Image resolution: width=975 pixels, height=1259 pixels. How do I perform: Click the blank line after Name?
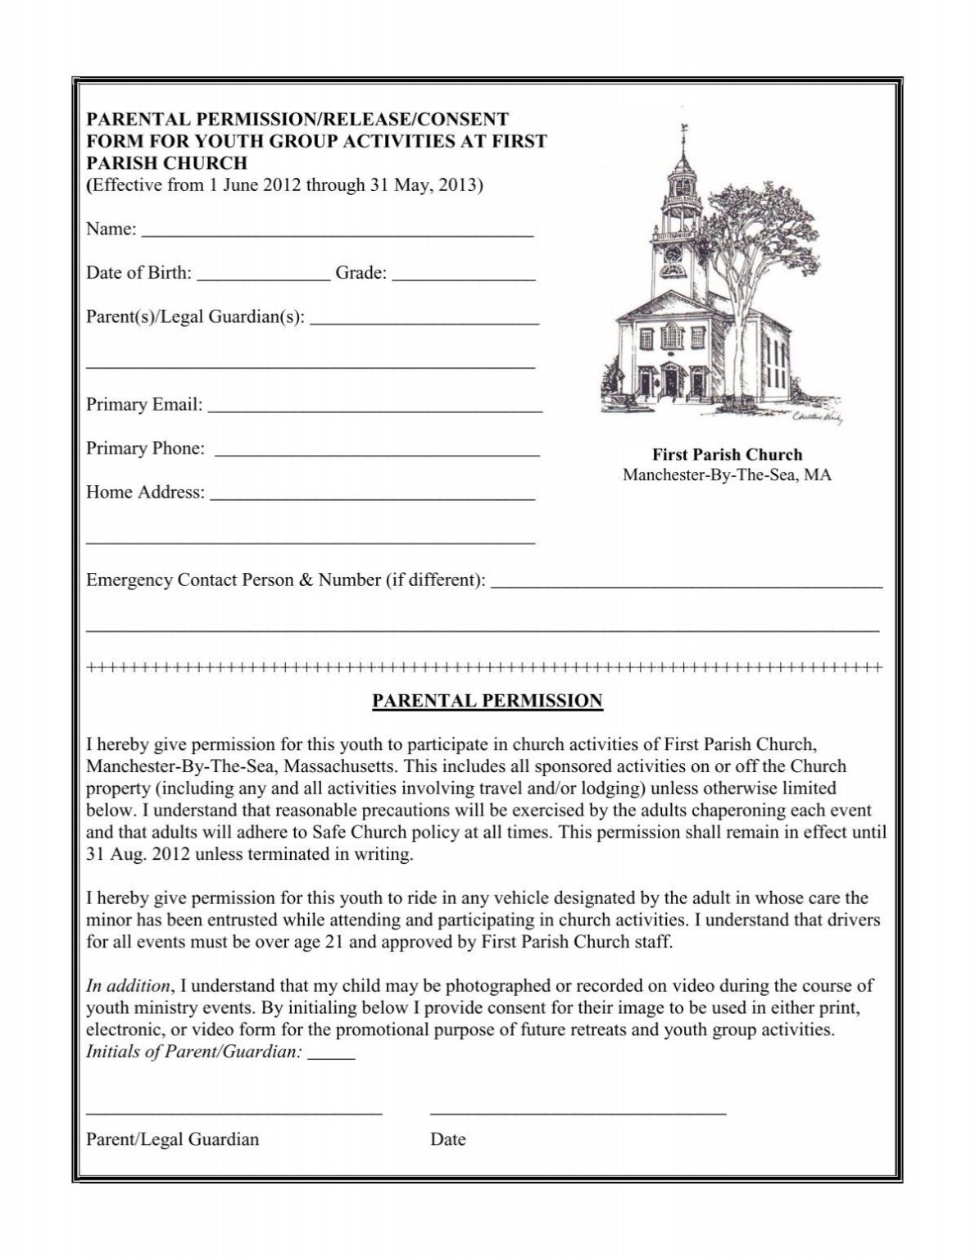338,233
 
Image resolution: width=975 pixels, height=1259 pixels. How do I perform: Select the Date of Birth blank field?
263,277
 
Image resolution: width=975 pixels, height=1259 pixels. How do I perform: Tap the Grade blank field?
464,277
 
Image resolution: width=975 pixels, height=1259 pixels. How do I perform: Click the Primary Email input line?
376,408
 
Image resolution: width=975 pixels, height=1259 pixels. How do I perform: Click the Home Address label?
145,493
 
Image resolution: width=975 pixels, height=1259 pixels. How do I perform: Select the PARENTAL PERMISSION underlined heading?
487,701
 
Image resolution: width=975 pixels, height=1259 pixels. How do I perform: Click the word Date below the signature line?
447,1139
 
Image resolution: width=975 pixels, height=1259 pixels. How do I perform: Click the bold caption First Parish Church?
727,454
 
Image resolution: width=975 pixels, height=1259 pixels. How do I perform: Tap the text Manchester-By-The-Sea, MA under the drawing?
727,475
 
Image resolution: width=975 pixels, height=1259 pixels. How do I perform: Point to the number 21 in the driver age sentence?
337,942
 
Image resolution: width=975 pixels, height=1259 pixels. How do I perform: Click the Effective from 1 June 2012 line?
285,185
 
